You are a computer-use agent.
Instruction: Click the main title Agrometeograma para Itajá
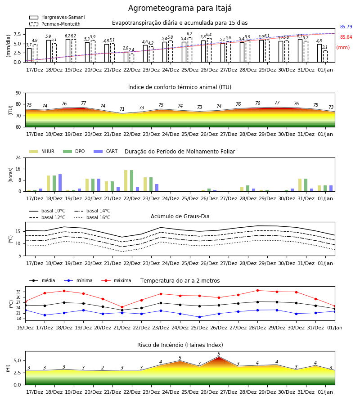(x=180, y=8)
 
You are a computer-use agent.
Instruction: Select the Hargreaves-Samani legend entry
(x=57, y=17)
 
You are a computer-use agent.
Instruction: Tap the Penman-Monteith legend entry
(x=55, y=24)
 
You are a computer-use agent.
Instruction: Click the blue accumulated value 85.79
(x=346, y=27)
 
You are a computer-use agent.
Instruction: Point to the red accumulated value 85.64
(x=346, y=37)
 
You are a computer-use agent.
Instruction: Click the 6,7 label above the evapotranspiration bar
(x=189, y=34)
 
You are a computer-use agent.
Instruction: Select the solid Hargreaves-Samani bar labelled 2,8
(x=126, y=57)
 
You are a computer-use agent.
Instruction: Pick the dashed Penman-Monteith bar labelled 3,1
(x=325, y=56)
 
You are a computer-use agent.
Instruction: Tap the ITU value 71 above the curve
(x=122, y=109)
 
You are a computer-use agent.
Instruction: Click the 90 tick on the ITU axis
(x=18, y=93)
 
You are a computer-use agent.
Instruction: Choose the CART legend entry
(x=106, y=151)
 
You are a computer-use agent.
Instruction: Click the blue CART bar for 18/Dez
(x=60, y=183)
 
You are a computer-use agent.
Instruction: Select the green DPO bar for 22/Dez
(x=132, y=181)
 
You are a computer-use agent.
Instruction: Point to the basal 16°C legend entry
(x=92, y=217)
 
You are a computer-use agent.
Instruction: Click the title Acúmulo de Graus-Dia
(x=180, y=216)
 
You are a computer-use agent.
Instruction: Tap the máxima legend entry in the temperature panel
(x=117, y=280)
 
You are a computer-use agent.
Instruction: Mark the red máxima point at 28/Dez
(x=257, y=291)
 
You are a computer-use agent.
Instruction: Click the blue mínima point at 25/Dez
(x=199, y=317)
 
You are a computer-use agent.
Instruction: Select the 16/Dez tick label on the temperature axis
(x=25, y=328)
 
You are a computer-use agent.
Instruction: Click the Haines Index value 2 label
(x=103, y=368)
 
